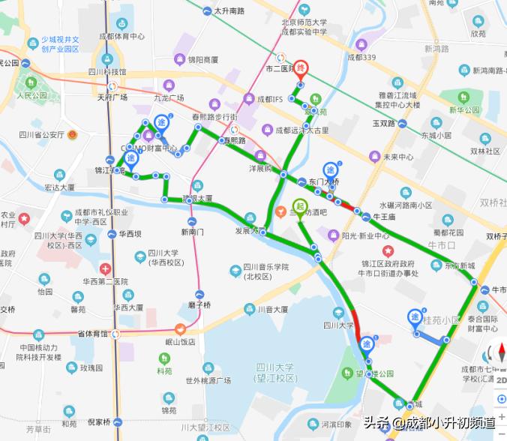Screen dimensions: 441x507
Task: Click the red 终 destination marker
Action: pyautogui.click(x=300, y=68)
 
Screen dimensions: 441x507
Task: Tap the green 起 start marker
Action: pyautogui.click(x=299, y=207)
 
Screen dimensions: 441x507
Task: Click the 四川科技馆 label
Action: pyautogui.click(x=106, y=72)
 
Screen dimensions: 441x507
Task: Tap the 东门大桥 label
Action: pyautogui.click(x=324, y=181)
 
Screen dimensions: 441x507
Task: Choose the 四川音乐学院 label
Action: pyautogui.click(x=266, y=268)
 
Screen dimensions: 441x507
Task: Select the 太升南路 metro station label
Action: pyautogui.click(x=229, y=11)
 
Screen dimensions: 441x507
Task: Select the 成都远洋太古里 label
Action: pyautogui.click(x=301, y=130)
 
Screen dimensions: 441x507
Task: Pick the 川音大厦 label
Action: pyautogui.click(x=272, y=308)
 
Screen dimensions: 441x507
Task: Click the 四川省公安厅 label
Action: pyautogui.click(x=41, y=135)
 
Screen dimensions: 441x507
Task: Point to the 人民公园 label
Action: pyautogui.click(x=31, y=95)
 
